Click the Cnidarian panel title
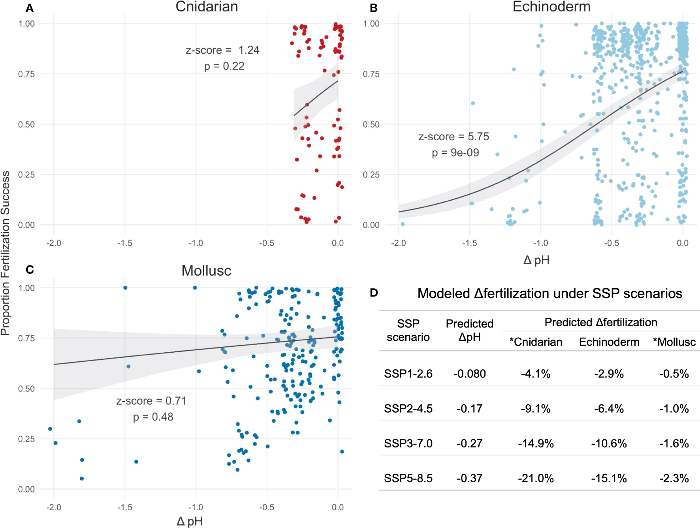(x=207, y=7)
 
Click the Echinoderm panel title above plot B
(x=551, y=7)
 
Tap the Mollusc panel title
(x=206, y=271)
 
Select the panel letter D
(x=374, y=293)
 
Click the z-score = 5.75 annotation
(x=453, y=137)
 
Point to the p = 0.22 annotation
(x=224, y=66)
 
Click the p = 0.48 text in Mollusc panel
(x=153, y=417)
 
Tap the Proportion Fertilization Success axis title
(x=6, y=253)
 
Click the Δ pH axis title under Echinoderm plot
(x=536, y=260)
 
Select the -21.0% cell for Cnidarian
(x=536, y=478)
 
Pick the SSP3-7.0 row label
(x=408, y=443)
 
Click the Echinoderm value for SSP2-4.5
(x=609, y=408)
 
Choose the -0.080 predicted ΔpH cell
(x=469, y=374)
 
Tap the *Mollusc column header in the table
(x=674, y=342)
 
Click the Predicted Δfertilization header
(x=600, y=322)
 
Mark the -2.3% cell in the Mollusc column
(x=674, y=478)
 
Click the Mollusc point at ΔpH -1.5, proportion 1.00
(x=125, y=287)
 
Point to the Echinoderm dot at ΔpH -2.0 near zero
(x=403, y=224)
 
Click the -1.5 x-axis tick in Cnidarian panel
(x=125, y=243)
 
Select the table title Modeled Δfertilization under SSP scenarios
(x=549, y=293)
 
